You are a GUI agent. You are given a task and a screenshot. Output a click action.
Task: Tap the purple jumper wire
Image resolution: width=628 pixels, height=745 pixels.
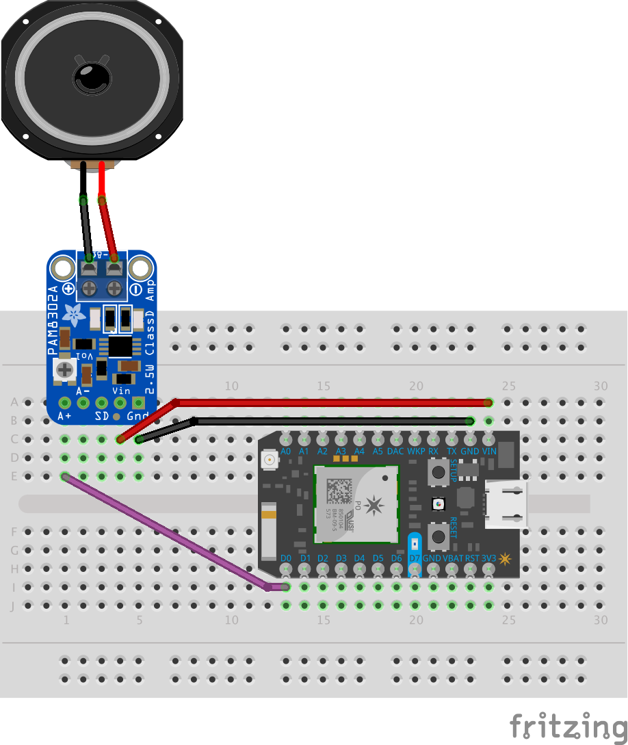(x=164, y=531)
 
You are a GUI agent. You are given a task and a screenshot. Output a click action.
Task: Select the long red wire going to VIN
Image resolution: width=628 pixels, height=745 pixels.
(x=328, y=402)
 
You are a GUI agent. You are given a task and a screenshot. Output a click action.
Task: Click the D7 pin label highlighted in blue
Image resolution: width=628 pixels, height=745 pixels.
(x=414, y=558)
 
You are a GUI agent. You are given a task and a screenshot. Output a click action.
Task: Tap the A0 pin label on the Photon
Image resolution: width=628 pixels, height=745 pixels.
(x=286, y=452)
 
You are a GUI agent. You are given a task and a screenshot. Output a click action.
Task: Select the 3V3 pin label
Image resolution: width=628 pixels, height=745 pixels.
(x=488, y=558)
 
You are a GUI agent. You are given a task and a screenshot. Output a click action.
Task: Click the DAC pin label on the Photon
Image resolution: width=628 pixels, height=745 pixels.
(x=395, y=452)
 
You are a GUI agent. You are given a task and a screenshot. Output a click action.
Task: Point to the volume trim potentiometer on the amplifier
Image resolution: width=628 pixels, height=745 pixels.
(x=65, y=370)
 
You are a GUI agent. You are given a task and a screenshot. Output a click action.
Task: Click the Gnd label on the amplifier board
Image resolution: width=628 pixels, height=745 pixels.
(x=138, y=415)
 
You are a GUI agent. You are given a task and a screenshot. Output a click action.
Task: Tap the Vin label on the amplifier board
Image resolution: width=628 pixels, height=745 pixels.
(x=121, y=391)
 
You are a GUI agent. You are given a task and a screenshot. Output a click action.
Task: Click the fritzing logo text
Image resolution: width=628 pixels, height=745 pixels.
(x=568, y=724)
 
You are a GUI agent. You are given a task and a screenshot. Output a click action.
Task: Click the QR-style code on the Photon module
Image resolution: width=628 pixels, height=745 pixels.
(x=339, y=492)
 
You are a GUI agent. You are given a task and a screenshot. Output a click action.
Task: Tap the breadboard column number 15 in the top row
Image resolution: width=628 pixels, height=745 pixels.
(x=324, y=387)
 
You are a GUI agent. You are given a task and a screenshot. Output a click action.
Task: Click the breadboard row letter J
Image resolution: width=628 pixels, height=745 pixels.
(x=13, y=605)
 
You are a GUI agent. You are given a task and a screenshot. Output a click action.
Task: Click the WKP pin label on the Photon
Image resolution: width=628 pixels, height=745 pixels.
(x=416, y=452)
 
